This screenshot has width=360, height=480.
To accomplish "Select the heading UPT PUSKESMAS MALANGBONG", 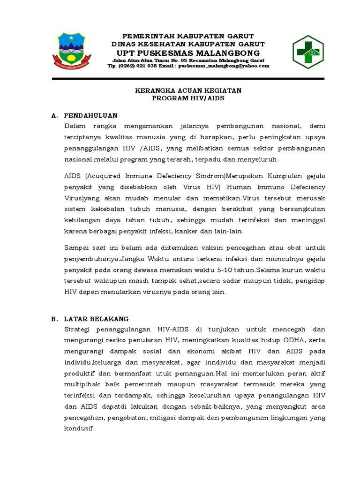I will point(188,52).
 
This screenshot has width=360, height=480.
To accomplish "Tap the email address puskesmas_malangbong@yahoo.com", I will point(223,66).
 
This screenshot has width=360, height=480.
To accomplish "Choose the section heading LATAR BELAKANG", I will point(96,319).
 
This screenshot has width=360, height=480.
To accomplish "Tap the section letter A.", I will point(54,115).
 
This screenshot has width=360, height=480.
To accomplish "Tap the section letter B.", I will point(54,319).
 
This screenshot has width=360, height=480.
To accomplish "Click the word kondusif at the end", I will point(79,428).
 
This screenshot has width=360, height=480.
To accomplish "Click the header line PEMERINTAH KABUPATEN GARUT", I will point(188,36).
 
